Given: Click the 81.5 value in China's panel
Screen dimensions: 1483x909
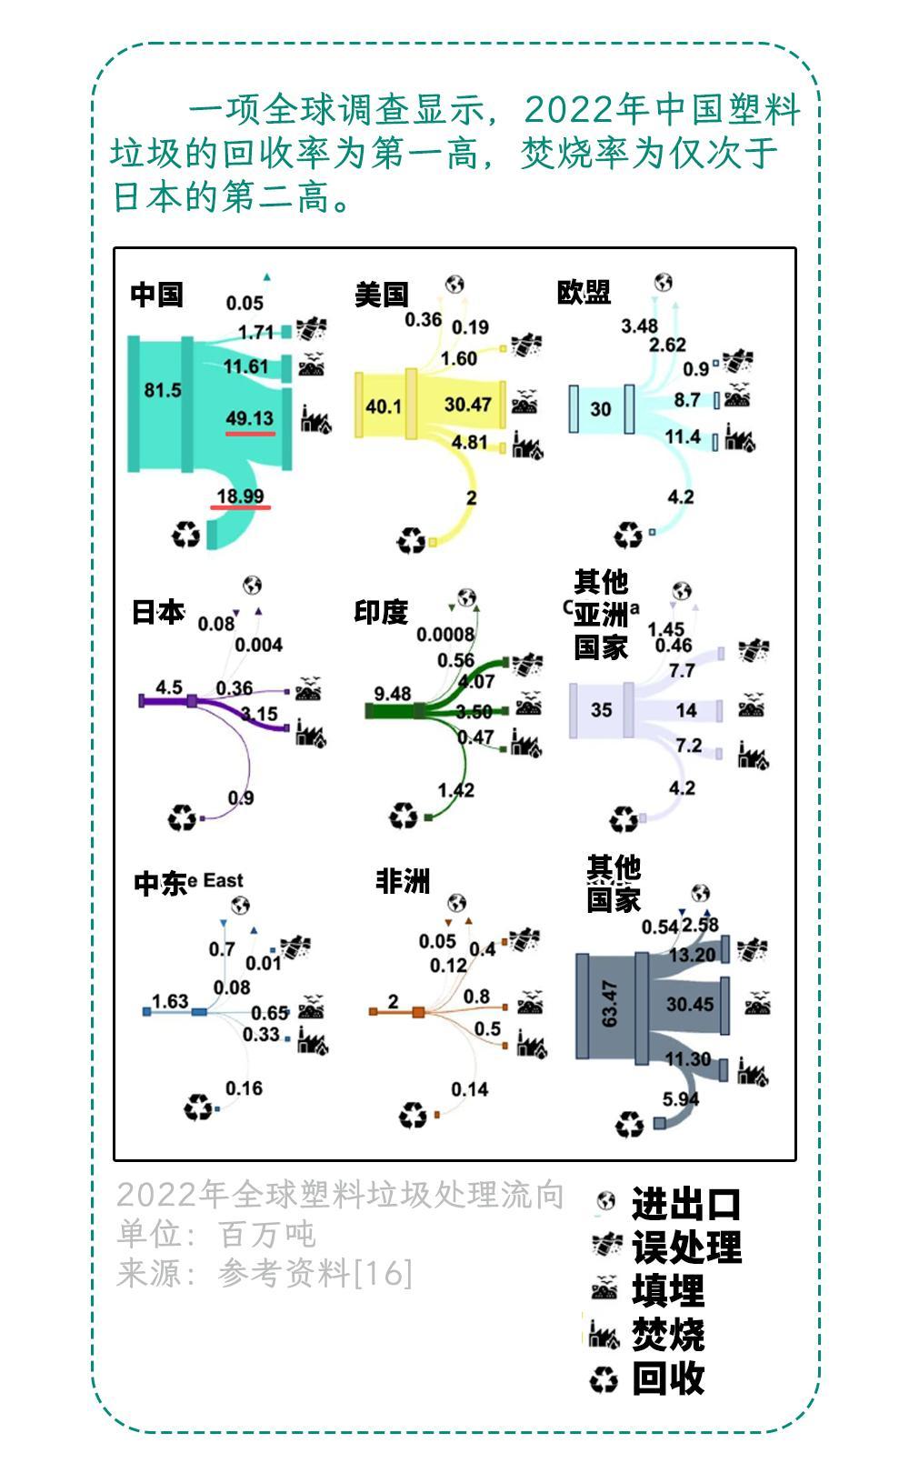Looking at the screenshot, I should coord(163,390).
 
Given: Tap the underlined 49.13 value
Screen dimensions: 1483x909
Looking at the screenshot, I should coord(249,418).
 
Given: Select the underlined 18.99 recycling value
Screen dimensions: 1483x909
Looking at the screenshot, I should coord(240,496).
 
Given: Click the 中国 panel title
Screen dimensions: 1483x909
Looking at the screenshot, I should coord(157,295).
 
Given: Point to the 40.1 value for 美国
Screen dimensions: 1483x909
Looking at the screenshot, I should coord(383,406).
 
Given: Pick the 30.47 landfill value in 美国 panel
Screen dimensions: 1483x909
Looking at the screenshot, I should coord(467,404).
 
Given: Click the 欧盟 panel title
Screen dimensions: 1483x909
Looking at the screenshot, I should coord(584,292).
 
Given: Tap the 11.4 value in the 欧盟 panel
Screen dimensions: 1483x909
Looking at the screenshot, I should coord(682,437).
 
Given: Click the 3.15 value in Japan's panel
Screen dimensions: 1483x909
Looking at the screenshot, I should coord(259,714).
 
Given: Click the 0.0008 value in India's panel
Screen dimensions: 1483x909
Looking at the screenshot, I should coord(445,635).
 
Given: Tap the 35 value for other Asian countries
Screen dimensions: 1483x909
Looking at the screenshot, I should coord(601,709).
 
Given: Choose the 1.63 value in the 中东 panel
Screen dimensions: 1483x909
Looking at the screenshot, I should coord(169,1001).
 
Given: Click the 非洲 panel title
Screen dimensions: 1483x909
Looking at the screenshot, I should coord(403,880).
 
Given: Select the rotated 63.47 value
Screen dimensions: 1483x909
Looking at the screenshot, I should coord(609,1004).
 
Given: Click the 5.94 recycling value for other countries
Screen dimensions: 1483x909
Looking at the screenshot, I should coord(681,1099).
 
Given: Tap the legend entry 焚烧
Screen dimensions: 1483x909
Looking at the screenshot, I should coord(668,1335).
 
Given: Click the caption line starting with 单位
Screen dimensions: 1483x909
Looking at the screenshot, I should coord(216,1234).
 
